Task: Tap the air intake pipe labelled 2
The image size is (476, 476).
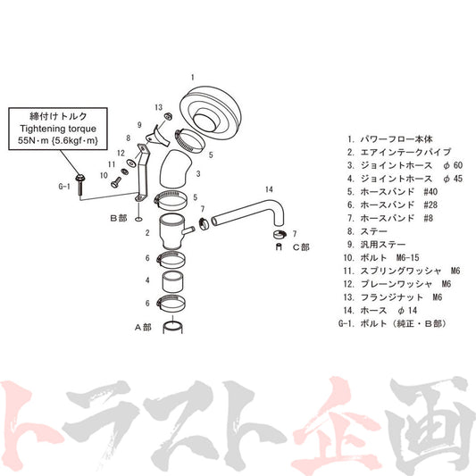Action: click(173, 231)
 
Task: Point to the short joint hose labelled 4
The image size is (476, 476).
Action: click(173, 281)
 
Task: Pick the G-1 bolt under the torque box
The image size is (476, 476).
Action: click(80, 185)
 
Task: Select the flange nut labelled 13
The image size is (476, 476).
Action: click(168, 116)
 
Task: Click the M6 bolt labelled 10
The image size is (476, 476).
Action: click(116, 181)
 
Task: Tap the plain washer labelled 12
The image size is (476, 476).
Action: click(132, 163)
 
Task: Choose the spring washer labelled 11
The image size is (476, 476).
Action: click(124, 171)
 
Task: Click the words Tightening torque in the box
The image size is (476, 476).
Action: click(58, 129)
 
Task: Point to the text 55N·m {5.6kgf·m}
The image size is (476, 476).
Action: click(58, 141)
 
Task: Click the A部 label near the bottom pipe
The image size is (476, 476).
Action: click(143, 327)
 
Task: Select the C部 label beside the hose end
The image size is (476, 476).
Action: click(301, 247)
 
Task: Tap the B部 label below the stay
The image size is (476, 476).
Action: click(119, 218)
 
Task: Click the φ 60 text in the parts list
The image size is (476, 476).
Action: click(453, 165)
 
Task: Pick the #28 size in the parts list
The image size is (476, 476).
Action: click(430, 205)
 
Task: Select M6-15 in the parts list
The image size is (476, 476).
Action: click(408, 258)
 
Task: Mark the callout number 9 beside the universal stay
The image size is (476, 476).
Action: click(139, 125)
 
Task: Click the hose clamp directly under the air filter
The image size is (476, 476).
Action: click(190, 141)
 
